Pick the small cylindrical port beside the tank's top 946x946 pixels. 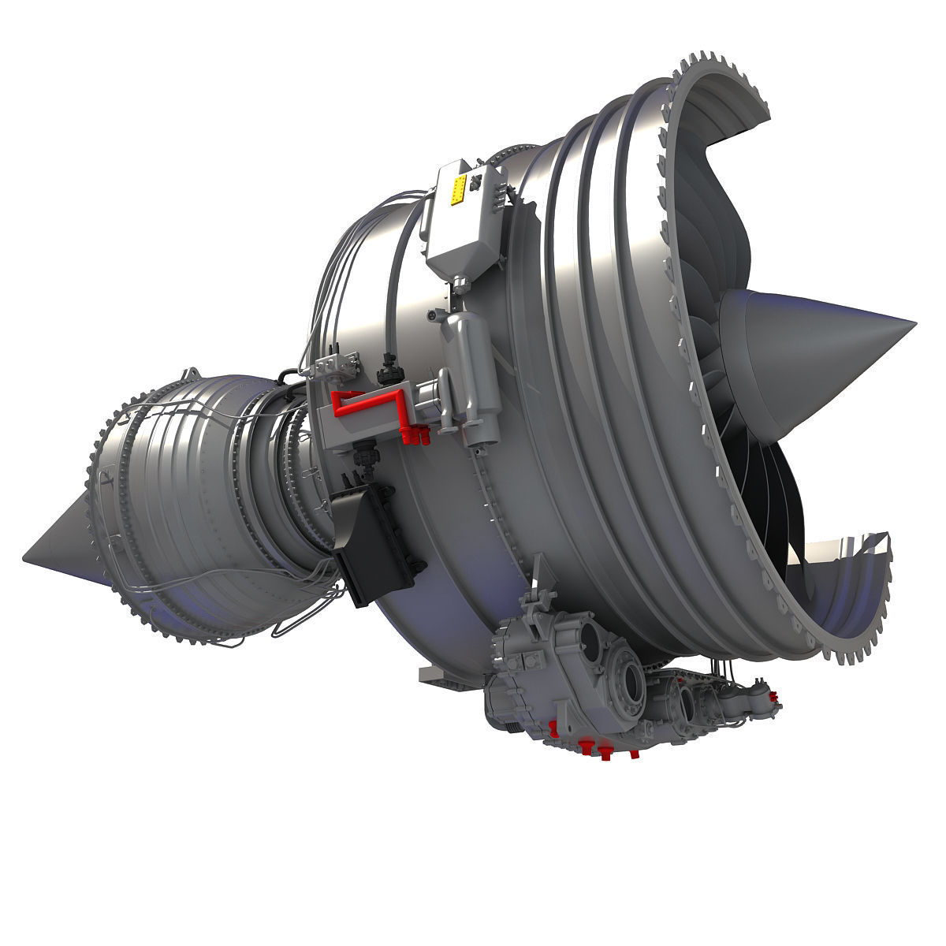[x=433, y=315]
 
